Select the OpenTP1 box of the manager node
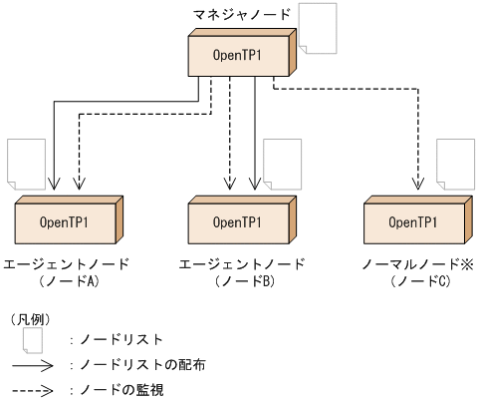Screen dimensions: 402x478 (x=240, y=55)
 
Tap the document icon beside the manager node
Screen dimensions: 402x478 (x=320, y=29)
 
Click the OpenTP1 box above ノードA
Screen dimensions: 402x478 (x=66, y=221)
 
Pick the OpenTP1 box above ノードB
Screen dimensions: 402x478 (x=240, y=221)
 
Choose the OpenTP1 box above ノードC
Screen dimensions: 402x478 (x=414, y=221)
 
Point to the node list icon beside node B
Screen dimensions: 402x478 (x=282, y=163)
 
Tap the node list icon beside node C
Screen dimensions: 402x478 (x=455, y=163)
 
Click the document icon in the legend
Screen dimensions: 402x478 (x=33, y=340)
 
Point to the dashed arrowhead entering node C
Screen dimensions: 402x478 (x=417, y=185)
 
